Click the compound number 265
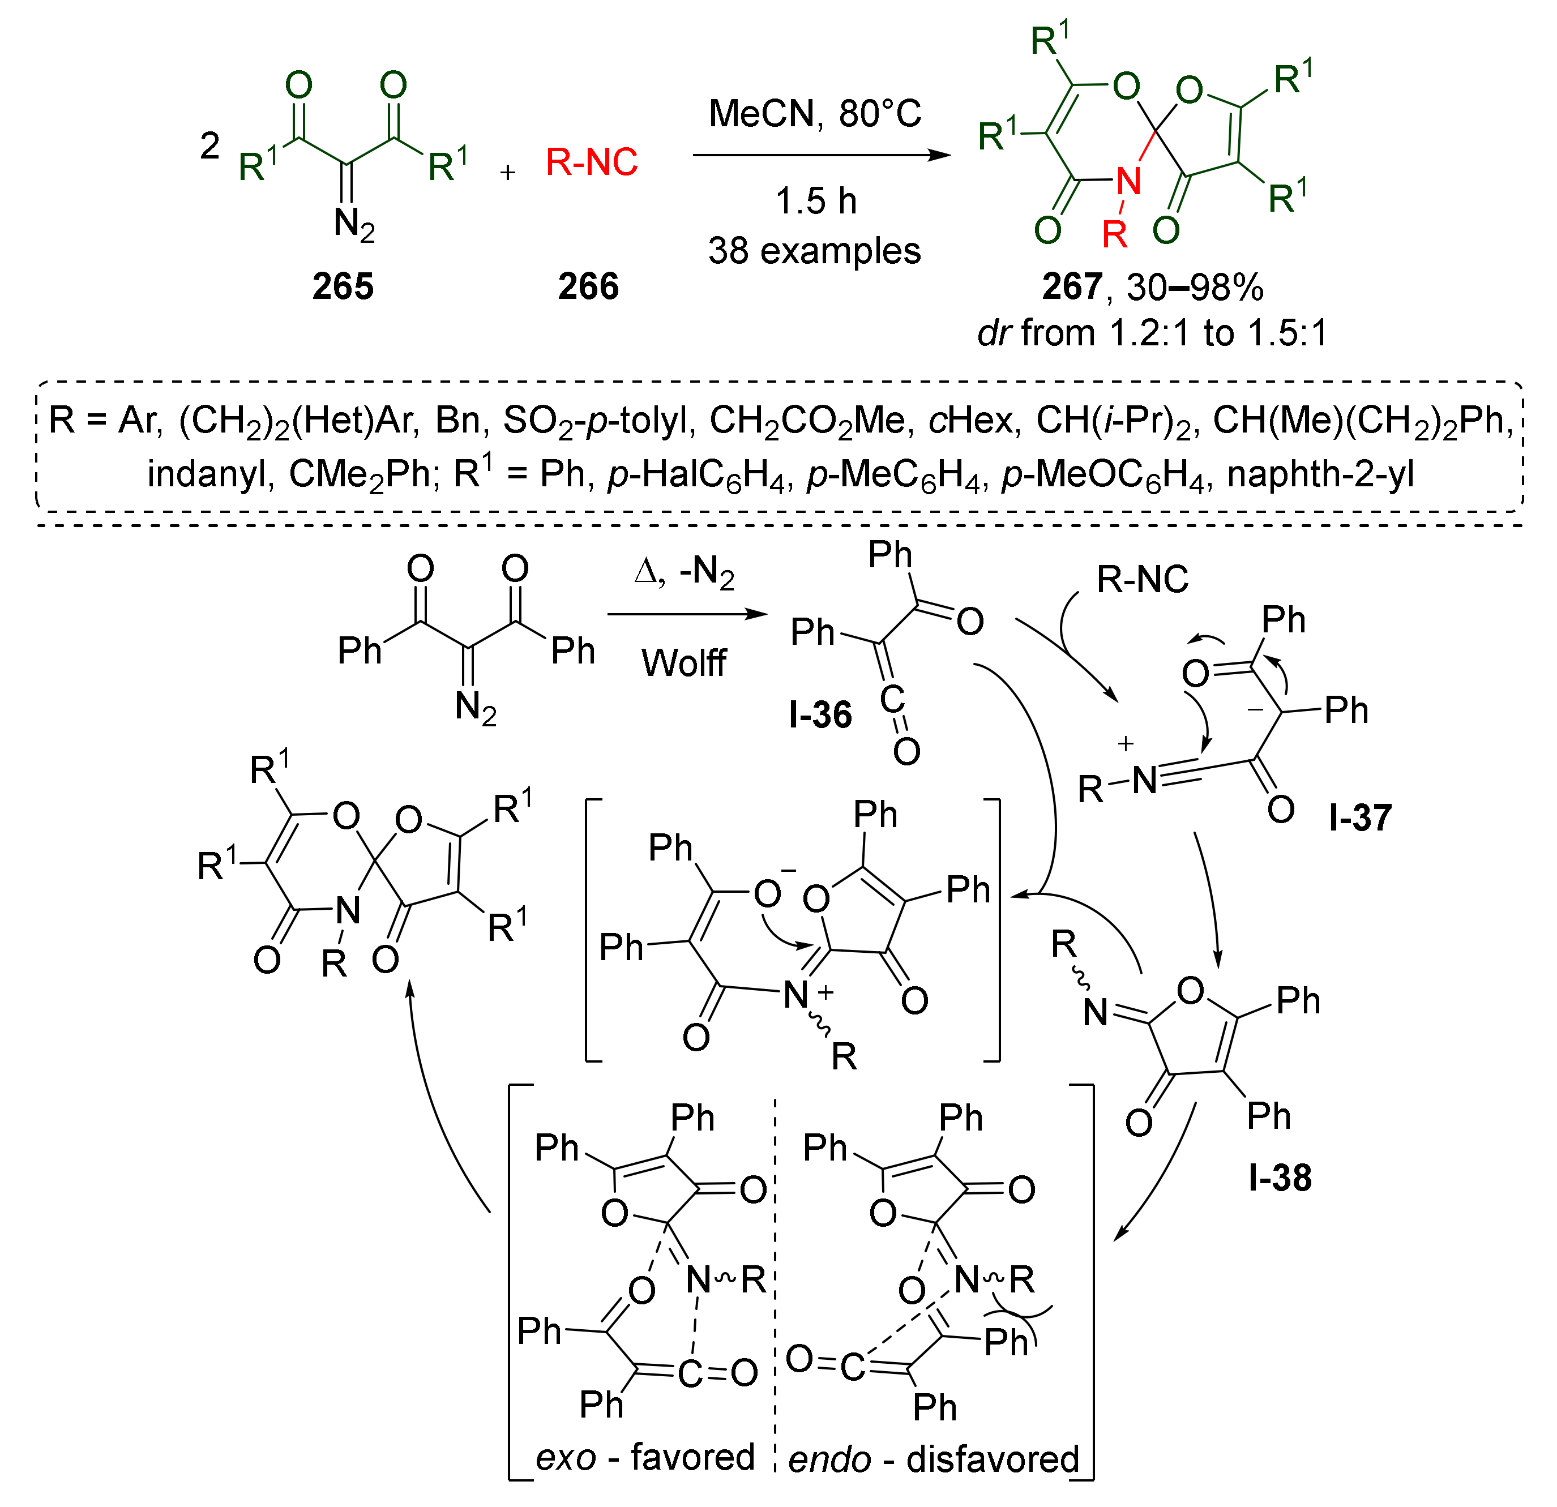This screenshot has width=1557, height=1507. pos(343,286)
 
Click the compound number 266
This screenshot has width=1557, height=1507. pos(588,286)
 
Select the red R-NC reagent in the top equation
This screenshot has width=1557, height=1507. pos(592,162)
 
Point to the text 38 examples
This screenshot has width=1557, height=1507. pos(814,251)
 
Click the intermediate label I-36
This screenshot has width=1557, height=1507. pos(820,715)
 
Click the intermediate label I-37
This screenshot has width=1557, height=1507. pos(1361,818)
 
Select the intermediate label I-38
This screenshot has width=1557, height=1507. pos(1280,1178)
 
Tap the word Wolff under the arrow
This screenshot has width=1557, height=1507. pos(683,663)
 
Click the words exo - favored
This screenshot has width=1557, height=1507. pos(645,1458)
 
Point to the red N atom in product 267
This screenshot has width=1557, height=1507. pos(1128,182)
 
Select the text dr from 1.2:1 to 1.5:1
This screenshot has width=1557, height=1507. pos(1152,333)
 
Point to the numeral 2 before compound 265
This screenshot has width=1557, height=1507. pos(209,146)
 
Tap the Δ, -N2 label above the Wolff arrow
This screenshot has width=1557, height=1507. pos(685,572)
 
